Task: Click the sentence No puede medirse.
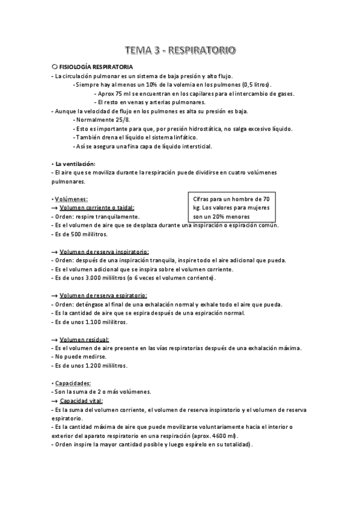pos(76,357)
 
